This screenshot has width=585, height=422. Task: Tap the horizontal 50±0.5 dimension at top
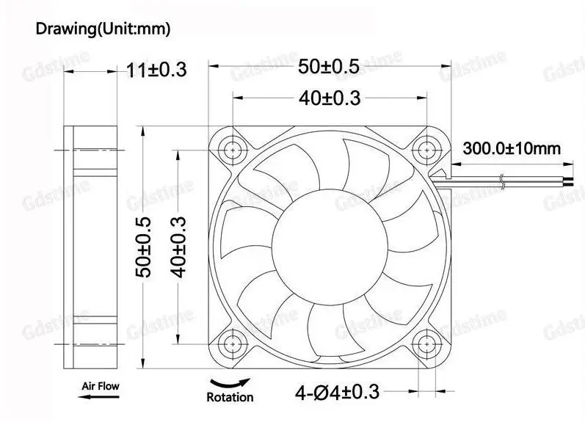pos(329,67)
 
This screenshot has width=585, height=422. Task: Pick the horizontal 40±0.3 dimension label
pos(329,97)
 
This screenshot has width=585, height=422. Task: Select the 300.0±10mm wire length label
pos(511,149)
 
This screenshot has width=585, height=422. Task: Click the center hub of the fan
pos(330,246)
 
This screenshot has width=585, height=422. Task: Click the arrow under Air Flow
pos(97,396)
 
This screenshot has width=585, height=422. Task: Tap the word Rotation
pos(229,397)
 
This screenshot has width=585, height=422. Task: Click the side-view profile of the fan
pos(95,246)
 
